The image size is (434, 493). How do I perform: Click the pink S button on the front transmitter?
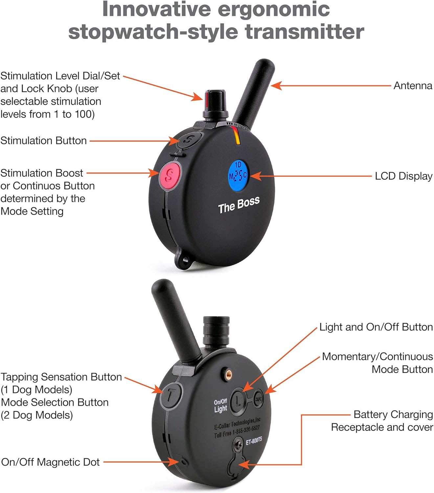click(x=170, y=176)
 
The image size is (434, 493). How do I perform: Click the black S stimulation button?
click(x=189, y=139)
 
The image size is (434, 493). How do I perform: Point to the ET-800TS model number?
click(x=254, y=441)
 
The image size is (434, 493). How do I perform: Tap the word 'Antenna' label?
click(x=413, y=86)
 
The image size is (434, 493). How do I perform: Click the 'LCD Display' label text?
click(x=403, y=176)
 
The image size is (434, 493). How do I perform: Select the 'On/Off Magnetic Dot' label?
click(x=51, y=462)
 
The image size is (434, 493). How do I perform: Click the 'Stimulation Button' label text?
click(x=44, y=141)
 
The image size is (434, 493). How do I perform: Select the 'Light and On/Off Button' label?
click(x=376, y=327)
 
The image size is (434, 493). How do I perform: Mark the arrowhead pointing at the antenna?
click(x=276, y=86)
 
